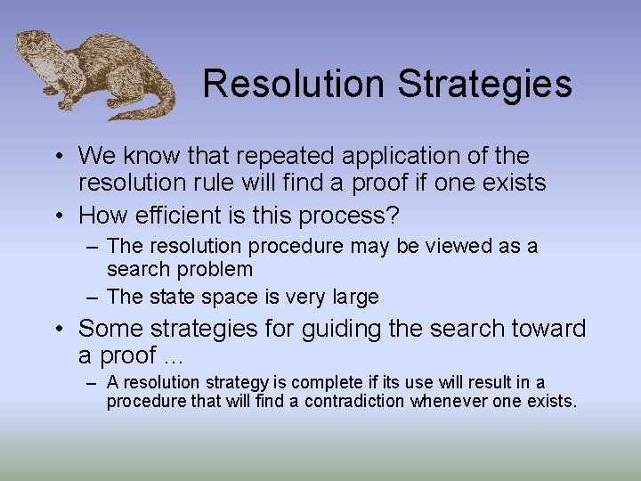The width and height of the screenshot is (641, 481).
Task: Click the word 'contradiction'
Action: click(354, 401)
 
